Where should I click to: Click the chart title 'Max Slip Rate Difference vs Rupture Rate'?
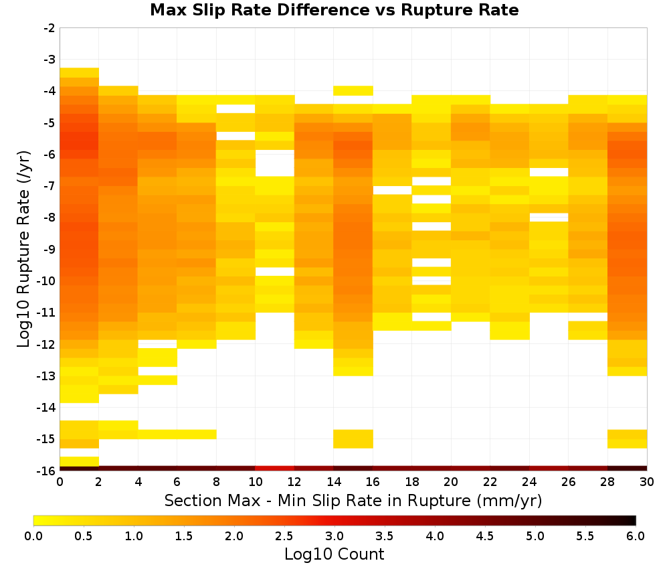334,10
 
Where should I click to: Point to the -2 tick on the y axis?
50,28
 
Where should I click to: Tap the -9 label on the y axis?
50,249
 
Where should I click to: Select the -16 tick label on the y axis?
47,471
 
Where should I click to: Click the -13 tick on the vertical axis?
47,376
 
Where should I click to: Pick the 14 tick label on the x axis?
334,482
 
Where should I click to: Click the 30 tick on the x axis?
647,482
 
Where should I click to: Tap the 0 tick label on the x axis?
60,482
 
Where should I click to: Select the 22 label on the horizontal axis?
490,482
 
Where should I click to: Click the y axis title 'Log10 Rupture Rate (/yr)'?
23,249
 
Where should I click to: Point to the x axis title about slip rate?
353,500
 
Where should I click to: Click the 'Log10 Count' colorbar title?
334,554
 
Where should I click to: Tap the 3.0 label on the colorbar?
334,536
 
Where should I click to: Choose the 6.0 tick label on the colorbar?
636,536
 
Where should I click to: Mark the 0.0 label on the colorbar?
33,536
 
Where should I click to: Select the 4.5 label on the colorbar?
484,536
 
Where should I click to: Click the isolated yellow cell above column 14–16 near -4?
353,90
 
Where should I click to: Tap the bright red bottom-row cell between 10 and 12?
275,469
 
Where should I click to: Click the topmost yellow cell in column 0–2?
80,72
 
